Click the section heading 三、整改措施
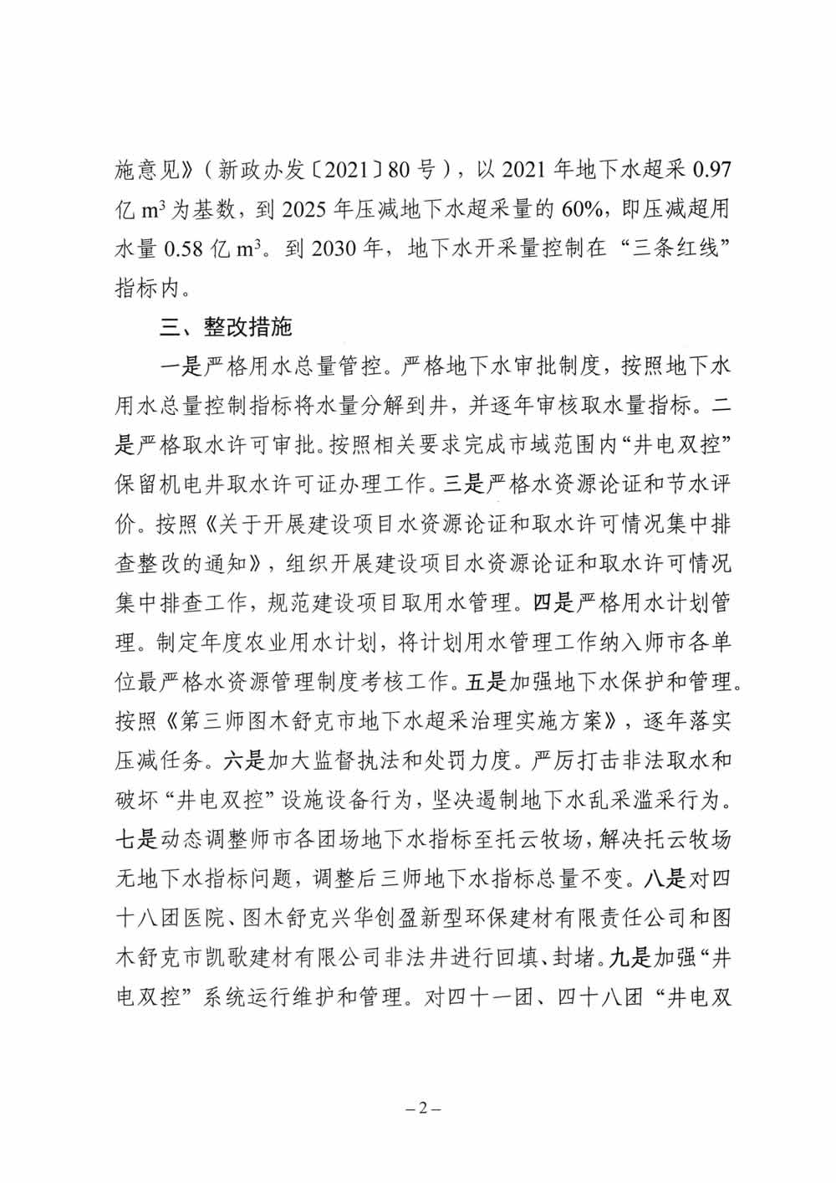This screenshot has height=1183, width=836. [225, 327]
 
